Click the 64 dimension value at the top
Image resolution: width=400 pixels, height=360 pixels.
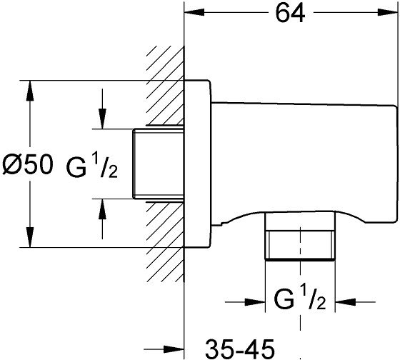290,13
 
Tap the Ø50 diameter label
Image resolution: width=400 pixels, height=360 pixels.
28,165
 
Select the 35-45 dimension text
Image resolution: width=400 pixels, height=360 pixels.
240,349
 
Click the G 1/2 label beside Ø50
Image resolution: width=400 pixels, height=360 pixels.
92,166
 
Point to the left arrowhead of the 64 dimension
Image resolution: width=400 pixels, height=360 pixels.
194,12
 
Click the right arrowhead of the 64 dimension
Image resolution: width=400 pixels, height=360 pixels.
387,12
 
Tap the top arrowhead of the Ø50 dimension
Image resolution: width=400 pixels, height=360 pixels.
30,91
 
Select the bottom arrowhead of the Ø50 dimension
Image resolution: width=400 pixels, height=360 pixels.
30,237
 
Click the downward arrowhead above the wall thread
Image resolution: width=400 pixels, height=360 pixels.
102,119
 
